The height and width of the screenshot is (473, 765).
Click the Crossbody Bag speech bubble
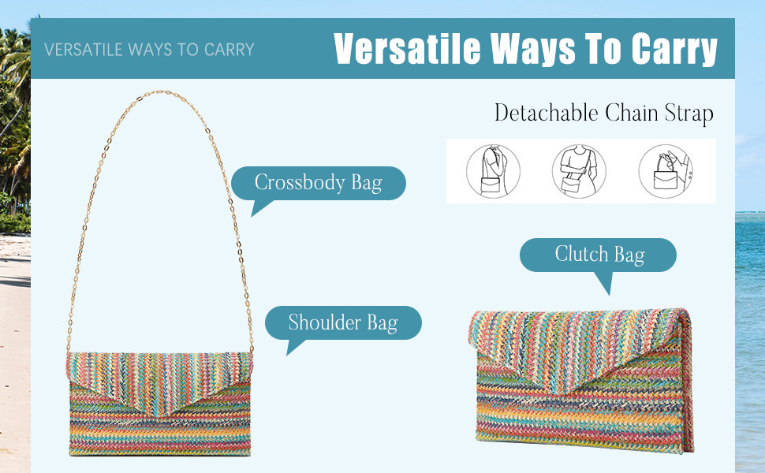(x=318, y=184)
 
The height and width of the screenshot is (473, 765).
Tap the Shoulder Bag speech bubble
(x=343, y=322)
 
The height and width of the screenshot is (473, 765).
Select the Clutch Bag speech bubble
(x=598, y=255)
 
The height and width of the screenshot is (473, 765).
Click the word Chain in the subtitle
(x=632, y=113)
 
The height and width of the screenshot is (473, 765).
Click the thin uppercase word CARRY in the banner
(x=229, y=50)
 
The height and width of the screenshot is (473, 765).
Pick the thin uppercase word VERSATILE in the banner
(x=84, y=50)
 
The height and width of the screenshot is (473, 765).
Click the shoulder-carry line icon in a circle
(x=493, y=171)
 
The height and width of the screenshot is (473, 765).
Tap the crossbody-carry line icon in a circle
(x=579, y=171)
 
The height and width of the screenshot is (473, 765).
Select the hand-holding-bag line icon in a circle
(x=666, y=171)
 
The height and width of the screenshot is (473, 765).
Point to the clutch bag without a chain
(x=580, y=380)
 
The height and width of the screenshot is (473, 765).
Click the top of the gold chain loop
(x=160, y=91)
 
